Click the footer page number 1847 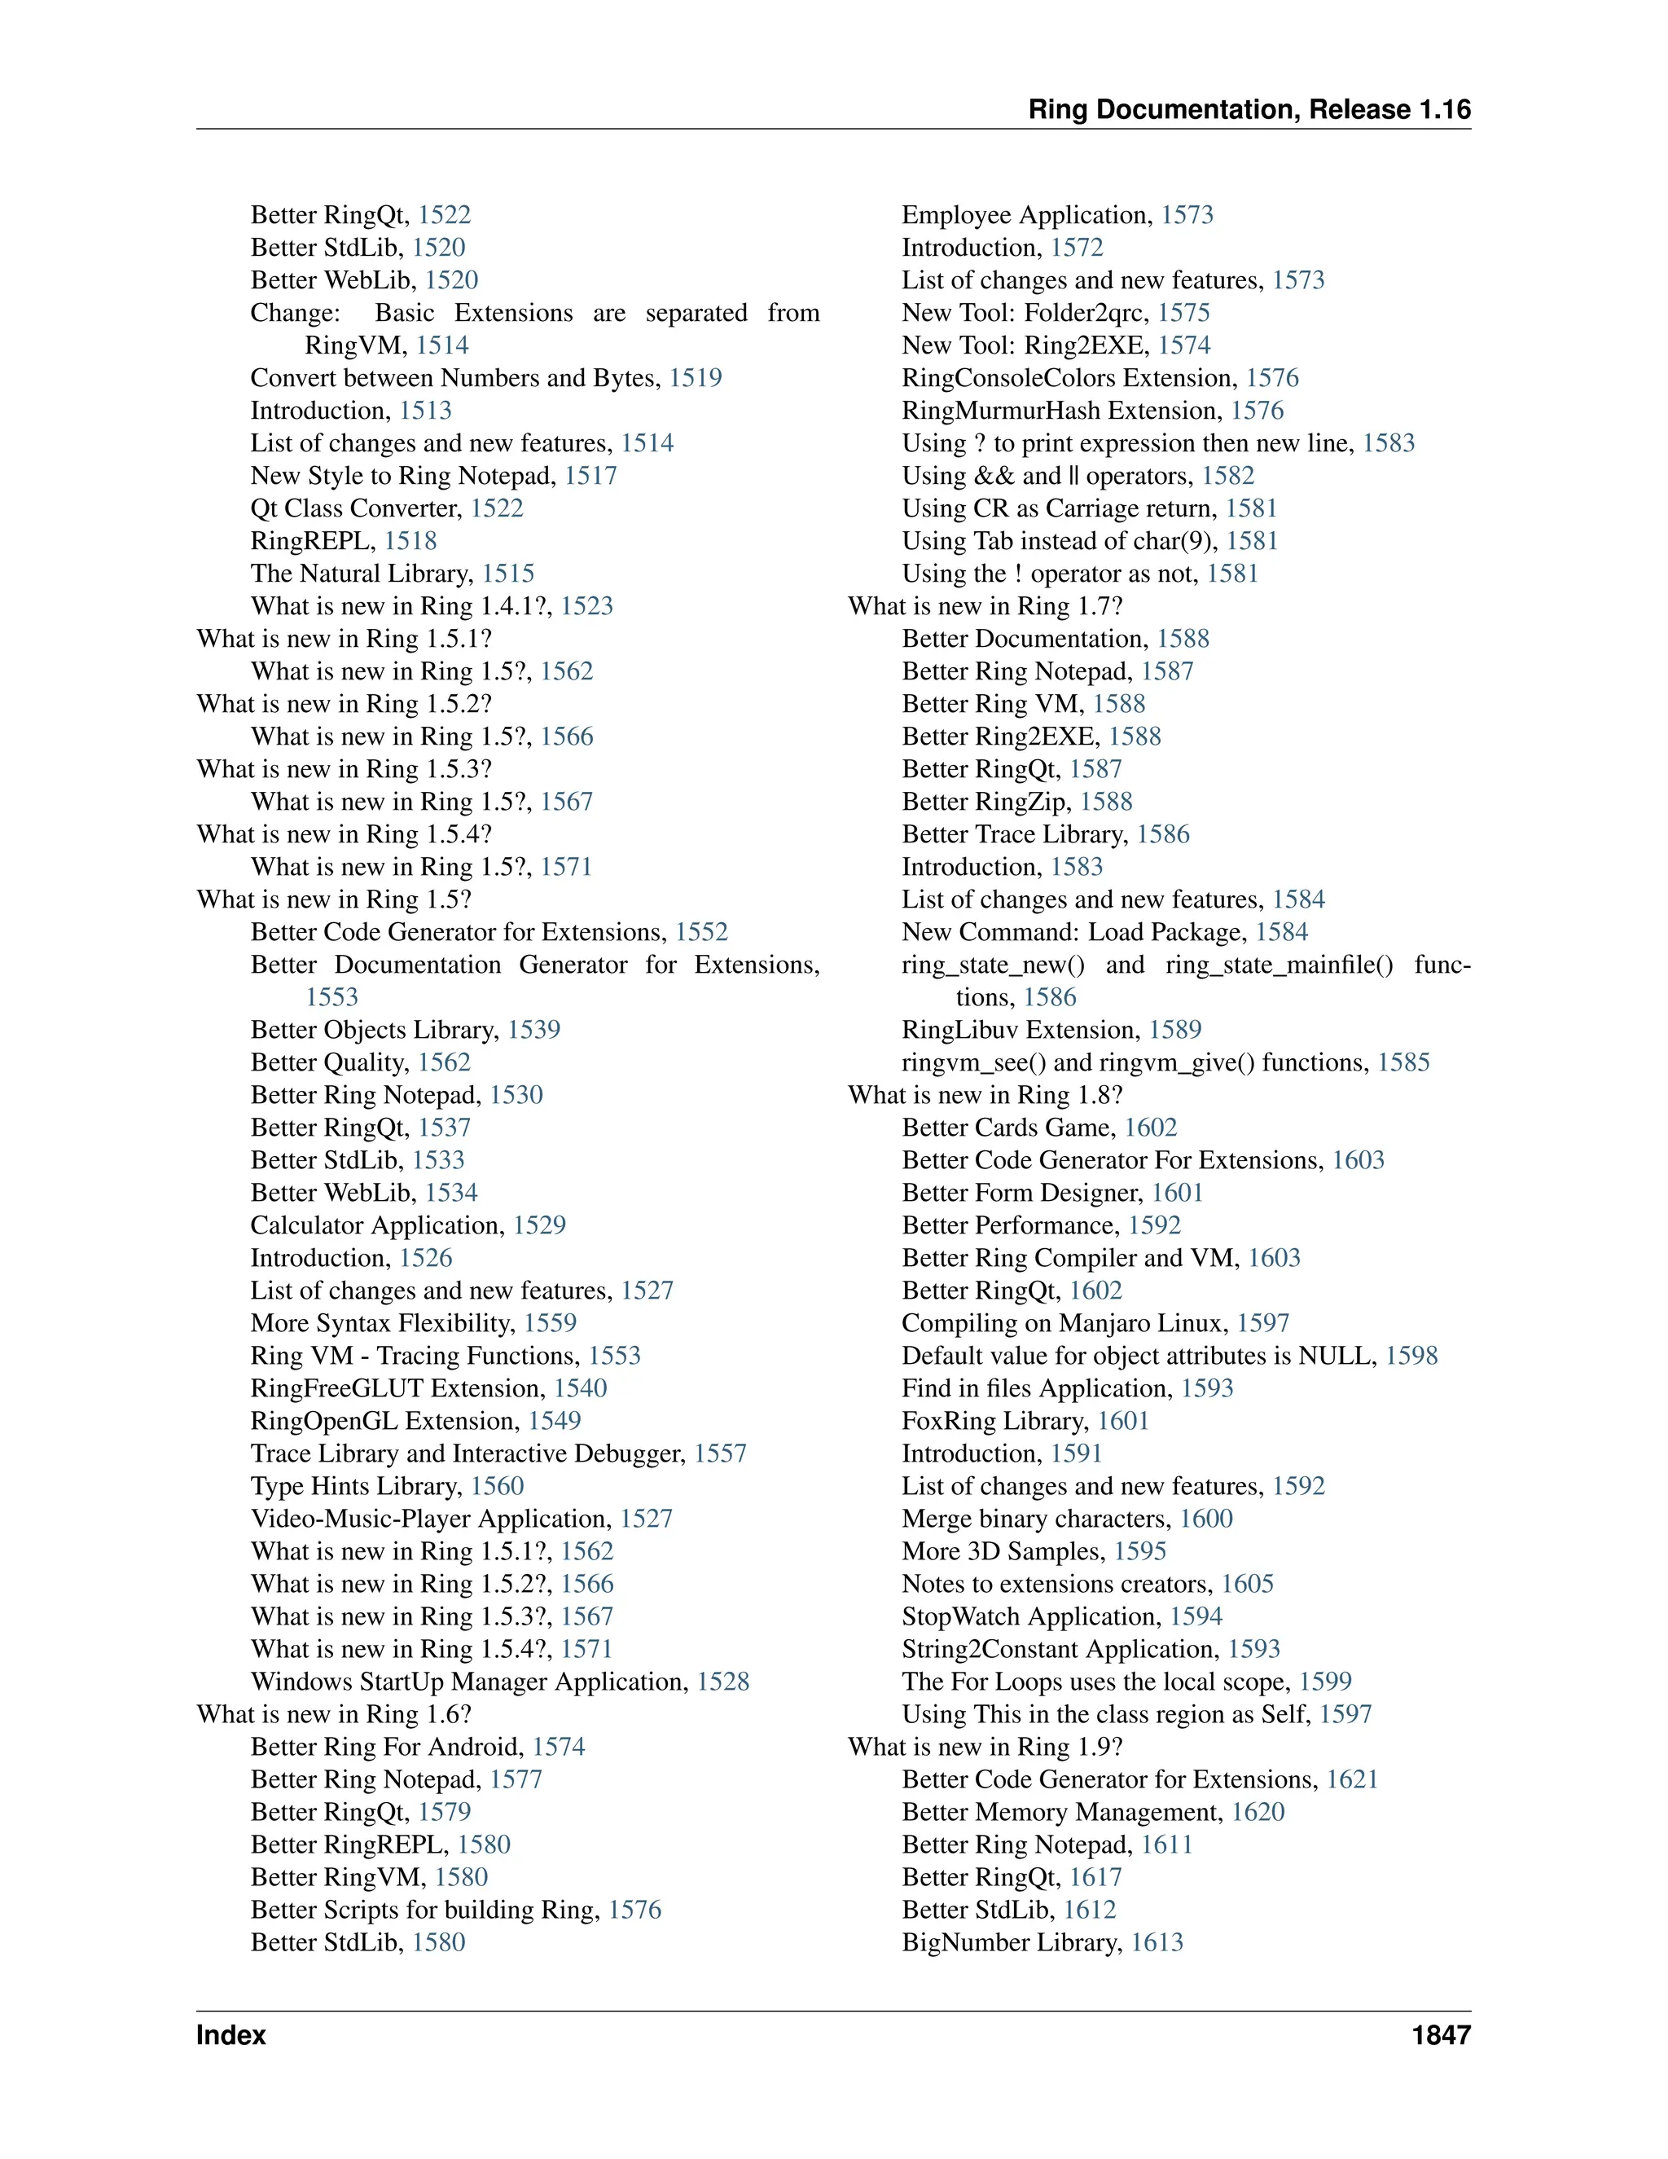[1441, 2034]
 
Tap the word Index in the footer [231, 2034]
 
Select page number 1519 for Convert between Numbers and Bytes [696, 378]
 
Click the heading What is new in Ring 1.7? [985, 606]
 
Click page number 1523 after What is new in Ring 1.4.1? [587, 606]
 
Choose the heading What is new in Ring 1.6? [334, 1714]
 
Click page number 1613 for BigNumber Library [1157, 1942]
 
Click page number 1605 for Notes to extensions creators [1247, 1584]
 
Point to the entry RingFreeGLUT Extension [397, 1388]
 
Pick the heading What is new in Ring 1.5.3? [344, 769]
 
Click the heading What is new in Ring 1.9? [985, 1747]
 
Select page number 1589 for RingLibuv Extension [1175, 1029]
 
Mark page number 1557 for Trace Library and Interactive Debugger [720, 1453]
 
